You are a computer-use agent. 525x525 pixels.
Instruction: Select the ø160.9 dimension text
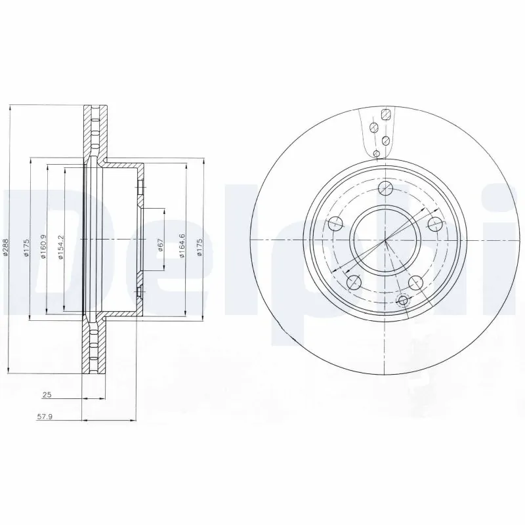coord(43,247)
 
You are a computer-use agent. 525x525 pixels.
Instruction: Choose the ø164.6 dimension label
coord(182,244)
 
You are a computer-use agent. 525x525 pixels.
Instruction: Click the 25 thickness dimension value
coord(47,395)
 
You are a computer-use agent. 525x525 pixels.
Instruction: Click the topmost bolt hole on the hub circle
coord(386,190)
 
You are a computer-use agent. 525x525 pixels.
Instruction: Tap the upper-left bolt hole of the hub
coord(335,222)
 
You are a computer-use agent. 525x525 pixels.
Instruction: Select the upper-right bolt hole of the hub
coord(434,224)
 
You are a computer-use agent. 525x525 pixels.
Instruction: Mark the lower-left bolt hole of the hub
coord(354,283)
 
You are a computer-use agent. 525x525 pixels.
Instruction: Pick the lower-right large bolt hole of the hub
coord(415,282)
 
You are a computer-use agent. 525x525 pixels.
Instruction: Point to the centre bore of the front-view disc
coord(385,240)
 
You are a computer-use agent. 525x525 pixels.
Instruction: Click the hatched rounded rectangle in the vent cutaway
coord(387,115)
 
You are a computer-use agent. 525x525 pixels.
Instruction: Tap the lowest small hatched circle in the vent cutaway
coord(376,154)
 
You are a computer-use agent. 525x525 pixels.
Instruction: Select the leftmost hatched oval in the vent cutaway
coord(373,127)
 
